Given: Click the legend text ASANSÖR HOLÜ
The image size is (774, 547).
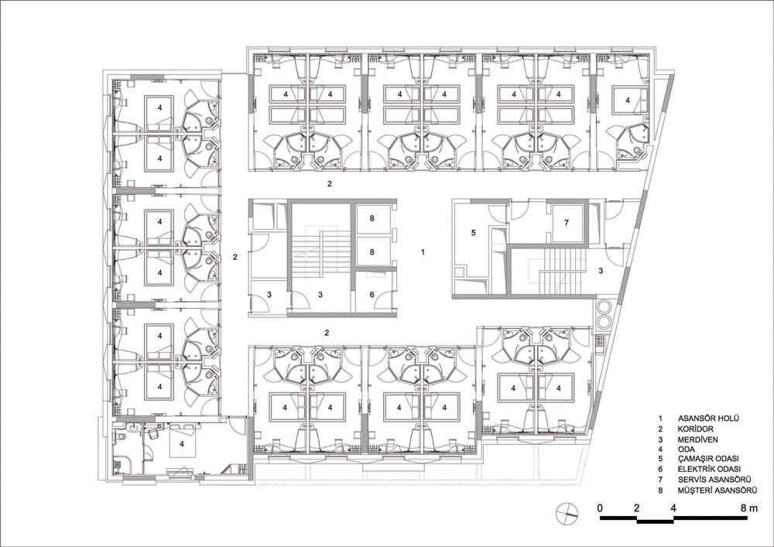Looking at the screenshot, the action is (x=708, y=419).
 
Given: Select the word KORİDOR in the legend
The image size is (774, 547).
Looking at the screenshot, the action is (x=696, y=429).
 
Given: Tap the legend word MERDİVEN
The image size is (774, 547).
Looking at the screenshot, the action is (x=698, y=439).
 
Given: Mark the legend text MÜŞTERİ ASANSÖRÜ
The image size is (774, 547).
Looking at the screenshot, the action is (x=717, y=491).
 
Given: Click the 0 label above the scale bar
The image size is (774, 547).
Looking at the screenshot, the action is (x=600, y=508).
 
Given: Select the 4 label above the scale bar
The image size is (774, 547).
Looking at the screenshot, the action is (x=673, y=508).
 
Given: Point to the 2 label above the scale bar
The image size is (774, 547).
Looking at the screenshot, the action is (x=637, y=508).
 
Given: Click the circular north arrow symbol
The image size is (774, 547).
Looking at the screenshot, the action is (x=565, y=513).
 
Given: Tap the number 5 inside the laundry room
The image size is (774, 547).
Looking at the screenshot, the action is (x=473, y=232).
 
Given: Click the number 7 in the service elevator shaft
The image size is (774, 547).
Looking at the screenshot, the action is (x=567, y=223).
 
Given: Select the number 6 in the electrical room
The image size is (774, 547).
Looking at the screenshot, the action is (x=372, y=295).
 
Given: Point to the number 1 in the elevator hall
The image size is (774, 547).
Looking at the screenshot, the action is (x=423, y=252).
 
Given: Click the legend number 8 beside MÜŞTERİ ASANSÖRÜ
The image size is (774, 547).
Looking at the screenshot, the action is (x=660, y=491).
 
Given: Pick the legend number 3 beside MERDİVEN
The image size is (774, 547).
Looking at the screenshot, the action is (x=660, y=439).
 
